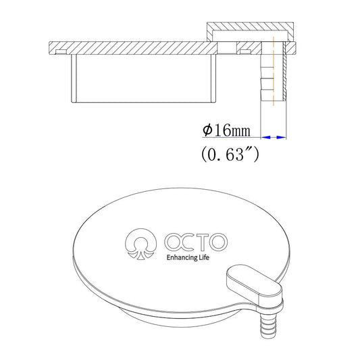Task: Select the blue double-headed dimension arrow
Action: (x=274, y=137)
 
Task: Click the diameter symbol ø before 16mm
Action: (x=207, y=129)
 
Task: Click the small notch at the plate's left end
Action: (x=61, y=52)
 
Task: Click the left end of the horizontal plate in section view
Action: (x=51, y=49)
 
